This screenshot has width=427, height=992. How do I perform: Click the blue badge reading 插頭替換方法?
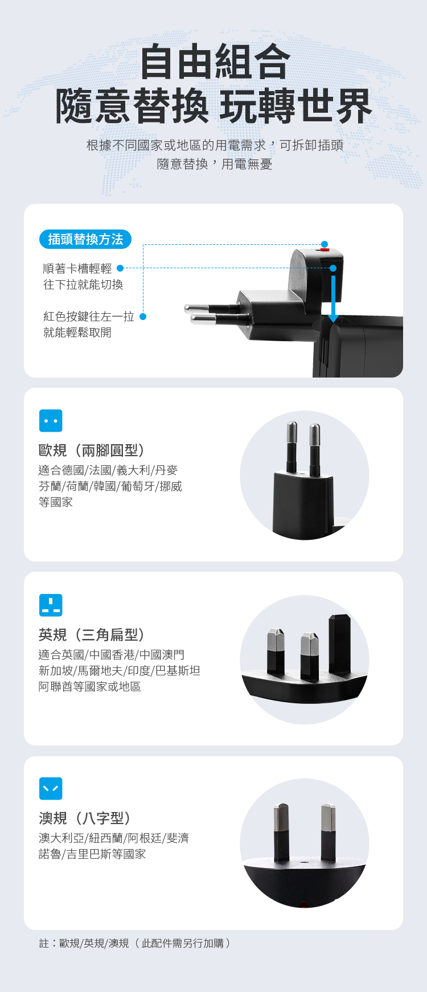tap(85, 239)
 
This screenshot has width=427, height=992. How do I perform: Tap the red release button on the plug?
tap(325, 249)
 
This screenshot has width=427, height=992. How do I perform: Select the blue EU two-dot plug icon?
tap(51, 421)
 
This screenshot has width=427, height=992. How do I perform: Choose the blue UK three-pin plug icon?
tap(51, 605)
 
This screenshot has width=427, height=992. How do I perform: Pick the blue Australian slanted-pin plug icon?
tap(51, 789)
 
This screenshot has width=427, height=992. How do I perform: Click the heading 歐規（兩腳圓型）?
tap(92, 450)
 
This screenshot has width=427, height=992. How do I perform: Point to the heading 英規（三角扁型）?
tap(92, 634)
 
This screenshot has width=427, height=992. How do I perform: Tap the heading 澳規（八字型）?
tap(85, 818)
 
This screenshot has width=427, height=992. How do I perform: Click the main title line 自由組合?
tap(215, 62)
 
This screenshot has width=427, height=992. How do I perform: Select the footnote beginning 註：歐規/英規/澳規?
tap(136, 943)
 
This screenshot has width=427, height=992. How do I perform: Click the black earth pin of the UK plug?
tap(339, 643)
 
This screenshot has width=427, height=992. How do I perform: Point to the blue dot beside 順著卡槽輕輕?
tap(120, 268)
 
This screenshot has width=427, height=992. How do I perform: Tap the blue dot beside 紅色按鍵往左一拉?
tap(143, 317)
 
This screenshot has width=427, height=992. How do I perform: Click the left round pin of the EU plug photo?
tap(291, 447)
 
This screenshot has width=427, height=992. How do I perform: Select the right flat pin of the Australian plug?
tap(328, 831)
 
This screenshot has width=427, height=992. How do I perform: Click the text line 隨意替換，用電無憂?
tap(215, 165)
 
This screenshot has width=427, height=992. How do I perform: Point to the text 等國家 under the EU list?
tap(56, 502)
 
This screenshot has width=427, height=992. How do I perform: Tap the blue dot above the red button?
tap(325, 244)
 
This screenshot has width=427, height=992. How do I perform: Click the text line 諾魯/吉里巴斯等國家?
tap(92, 854)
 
